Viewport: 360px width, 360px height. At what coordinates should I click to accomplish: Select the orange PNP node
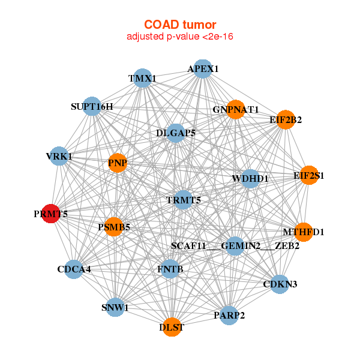point(117,163)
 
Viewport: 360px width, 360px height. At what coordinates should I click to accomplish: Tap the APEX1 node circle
point(203,69)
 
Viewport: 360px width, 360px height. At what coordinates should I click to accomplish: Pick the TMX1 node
point(142,79)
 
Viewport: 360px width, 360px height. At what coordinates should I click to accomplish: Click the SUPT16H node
point(92,107)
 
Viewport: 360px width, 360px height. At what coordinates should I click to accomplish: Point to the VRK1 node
point(59,157)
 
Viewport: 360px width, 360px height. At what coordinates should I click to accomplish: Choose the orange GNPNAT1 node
point(235,109)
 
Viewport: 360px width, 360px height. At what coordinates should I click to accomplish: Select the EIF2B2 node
point(286,120)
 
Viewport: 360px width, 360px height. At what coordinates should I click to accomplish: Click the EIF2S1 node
point(308,176)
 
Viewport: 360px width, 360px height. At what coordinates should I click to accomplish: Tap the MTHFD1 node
point(304,232)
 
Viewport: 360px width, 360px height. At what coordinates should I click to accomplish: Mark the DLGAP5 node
point(176,133)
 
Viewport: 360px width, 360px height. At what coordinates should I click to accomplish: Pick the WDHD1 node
point(250,178)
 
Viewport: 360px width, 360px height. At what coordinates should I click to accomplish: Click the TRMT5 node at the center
point(183,199)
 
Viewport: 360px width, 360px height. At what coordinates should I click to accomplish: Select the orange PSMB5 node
point(114,227)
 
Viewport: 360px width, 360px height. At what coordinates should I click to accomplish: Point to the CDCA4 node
point(74,269)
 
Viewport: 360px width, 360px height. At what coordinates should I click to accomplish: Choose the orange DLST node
point(172,327)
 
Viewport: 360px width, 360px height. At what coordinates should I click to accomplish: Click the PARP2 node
point(229,315)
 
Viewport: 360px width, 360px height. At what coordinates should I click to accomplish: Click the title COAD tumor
point(180,25)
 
